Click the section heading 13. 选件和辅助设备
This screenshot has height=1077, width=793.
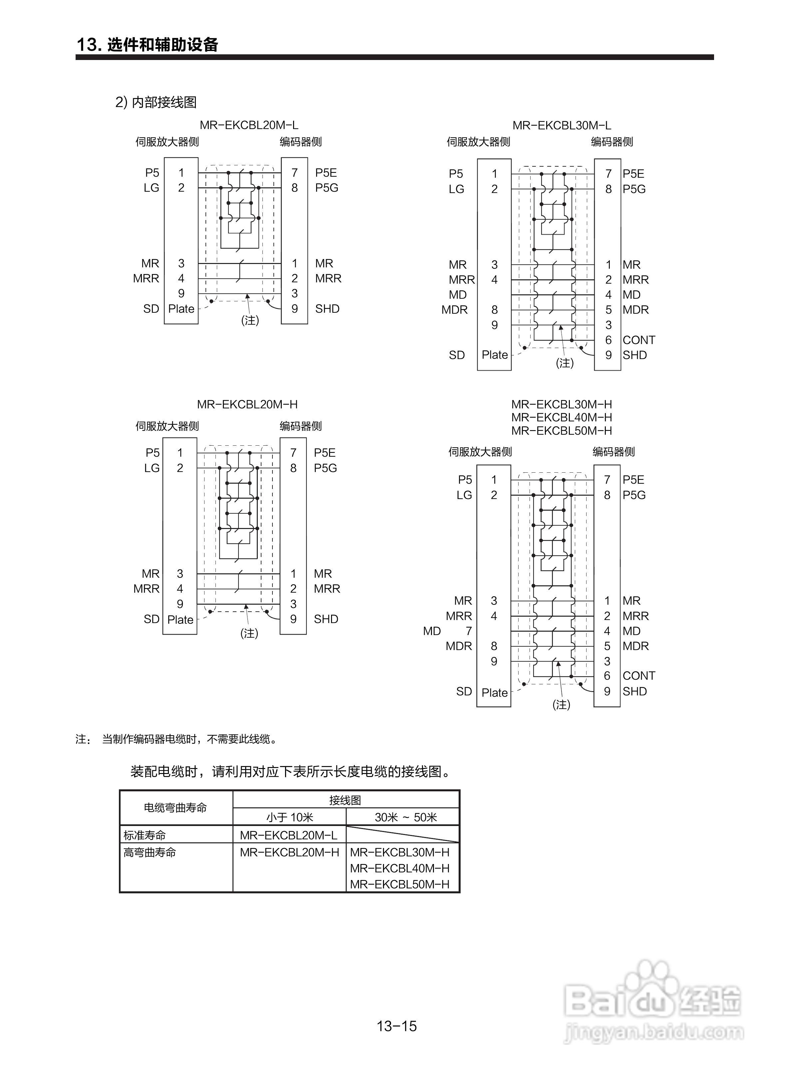147,45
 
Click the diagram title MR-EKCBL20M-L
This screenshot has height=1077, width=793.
249,125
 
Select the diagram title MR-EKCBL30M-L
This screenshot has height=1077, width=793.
562,126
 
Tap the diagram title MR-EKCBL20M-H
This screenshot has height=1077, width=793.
247,404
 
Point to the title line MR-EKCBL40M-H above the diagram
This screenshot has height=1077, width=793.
562,417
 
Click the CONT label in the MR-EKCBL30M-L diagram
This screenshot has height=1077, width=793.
638,340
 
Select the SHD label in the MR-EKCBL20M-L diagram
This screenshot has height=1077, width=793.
327,309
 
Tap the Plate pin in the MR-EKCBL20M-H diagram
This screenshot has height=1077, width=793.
180,620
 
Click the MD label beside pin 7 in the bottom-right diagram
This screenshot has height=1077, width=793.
432,631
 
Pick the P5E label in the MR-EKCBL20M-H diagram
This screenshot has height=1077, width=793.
324,453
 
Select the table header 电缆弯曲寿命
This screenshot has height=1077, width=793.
175,808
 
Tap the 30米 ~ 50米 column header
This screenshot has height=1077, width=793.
406,817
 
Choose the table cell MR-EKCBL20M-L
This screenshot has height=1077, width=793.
288,835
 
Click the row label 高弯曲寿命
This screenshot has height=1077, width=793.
150,853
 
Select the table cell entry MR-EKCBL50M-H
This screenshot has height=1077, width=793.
399,884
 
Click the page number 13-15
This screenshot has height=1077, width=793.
396,1026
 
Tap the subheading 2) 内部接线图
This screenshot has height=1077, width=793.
156,102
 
